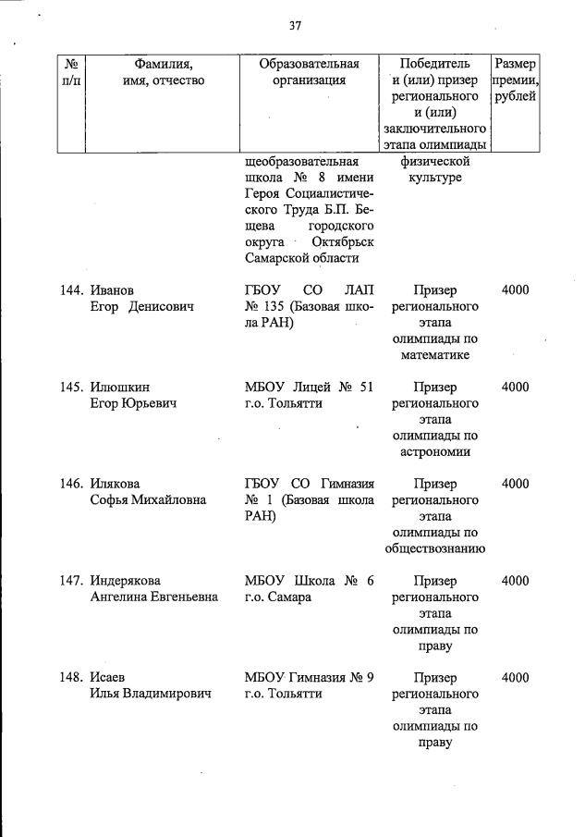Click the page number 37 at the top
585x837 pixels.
(x=295, y=26)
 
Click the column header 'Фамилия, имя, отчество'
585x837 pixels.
(x=163, y=72)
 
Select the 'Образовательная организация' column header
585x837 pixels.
(x=309, y=72)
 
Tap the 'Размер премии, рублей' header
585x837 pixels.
(x=515, y=80)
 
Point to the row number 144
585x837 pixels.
(x=73, y=290)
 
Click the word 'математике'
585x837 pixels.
(x=435, y=355)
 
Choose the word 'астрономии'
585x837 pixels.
(x=435, y=452)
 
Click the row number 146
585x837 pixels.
(x=73, y=485)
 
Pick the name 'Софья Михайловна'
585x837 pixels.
(x=148, y=500)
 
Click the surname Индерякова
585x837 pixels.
(x=130, y=582)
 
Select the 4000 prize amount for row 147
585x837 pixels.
(x=515, y=582)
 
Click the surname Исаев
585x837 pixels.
(x=109, y=679)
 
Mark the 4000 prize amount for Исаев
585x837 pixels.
(x=515, y=679)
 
